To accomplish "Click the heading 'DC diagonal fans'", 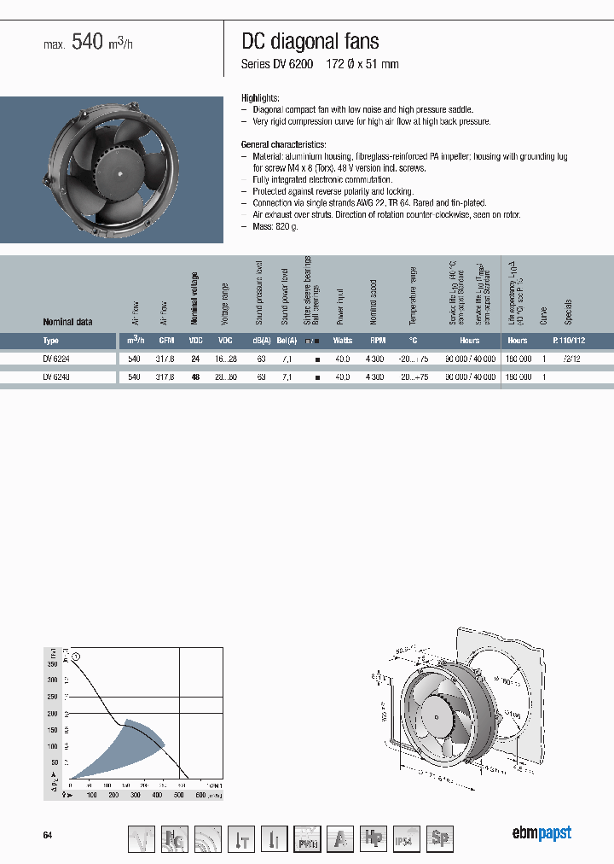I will click(310, 41).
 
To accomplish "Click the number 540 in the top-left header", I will click(87, 43).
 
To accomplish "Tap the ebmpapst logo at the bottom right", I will click(542, 833).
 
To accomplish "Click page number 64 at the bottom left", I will click(48, 835).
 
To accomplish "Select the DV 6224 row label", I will click(56, 359).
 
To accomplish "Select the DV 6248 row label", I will click(56, 377).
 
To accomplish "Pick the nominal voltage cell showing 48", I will click(195, 377).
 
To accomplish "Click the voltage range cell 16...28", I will click(225, 359).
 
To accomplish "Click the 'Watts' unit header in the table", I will click(343, 340).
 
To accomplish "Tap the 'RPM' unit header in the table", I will click(378, 340).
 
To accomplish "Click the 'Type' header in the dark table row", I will click(51, 340).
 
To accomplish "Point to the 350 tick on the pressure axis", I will click(53, 663).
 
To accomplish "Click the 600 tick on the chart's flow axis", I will click(201, 795).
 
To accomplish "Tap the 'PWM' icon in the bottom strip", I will click(305, 838).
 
